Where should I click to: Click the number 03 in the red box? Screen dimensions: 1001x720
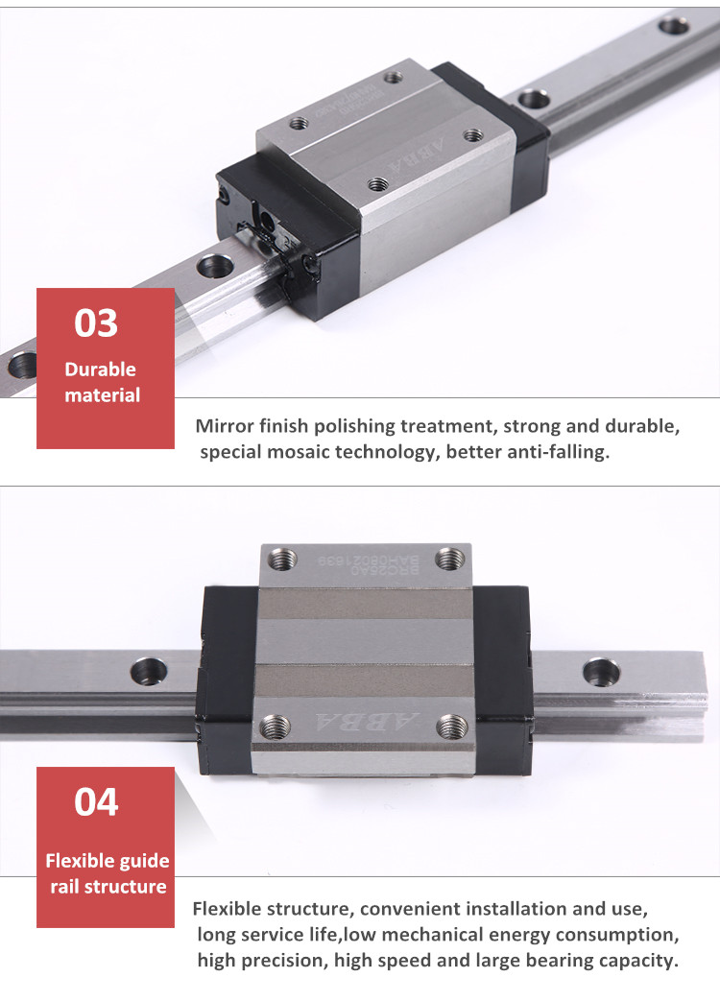click(96, 323)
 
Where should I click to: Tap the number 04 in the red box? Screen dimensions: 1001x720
click(96, 801)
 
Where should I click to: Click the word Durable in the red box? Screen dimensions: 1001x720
click(100, 369)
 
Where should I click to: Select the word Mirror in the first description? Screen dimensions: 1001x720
click(225, 426)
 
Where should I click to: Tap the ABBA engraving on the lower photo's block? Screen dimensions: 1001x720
click(365, 722)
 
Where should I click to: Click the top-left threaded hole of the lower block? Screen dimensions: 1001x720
click(282, 557)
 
